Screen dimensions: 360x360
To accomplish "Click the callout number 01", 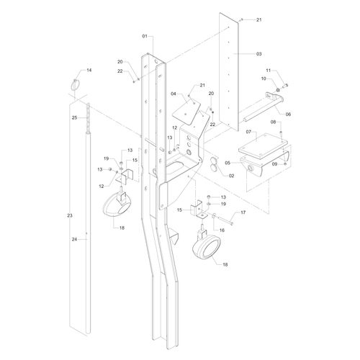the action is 145,36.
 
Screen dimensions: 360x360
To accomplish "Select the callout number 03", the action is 258,54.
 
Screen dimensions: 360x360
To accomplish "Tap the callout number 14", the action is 89,71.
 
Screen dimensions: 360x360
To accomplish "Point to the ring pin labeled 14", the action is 76,85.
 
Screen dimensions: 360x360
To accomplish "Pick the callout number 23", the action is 70,216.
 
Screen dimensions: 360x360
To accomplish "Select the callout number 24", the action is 74,239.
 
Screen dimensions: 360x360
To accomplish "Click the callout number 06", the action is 288,114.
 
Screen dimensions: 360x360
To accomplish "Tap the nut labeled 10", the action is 278,90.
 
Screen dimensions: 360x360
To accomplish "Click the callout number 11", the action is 269,71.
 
